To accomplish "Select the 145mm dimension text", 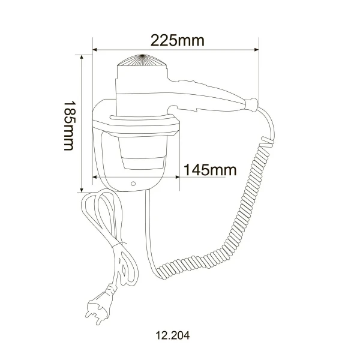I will tap(210, 170).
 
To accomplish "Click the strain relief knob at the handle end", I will tap(252, 103).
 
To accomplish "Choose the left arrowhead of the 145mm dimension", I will tap(95, 176).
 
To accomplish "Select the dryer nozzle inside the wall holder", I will tap(142, 155).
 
